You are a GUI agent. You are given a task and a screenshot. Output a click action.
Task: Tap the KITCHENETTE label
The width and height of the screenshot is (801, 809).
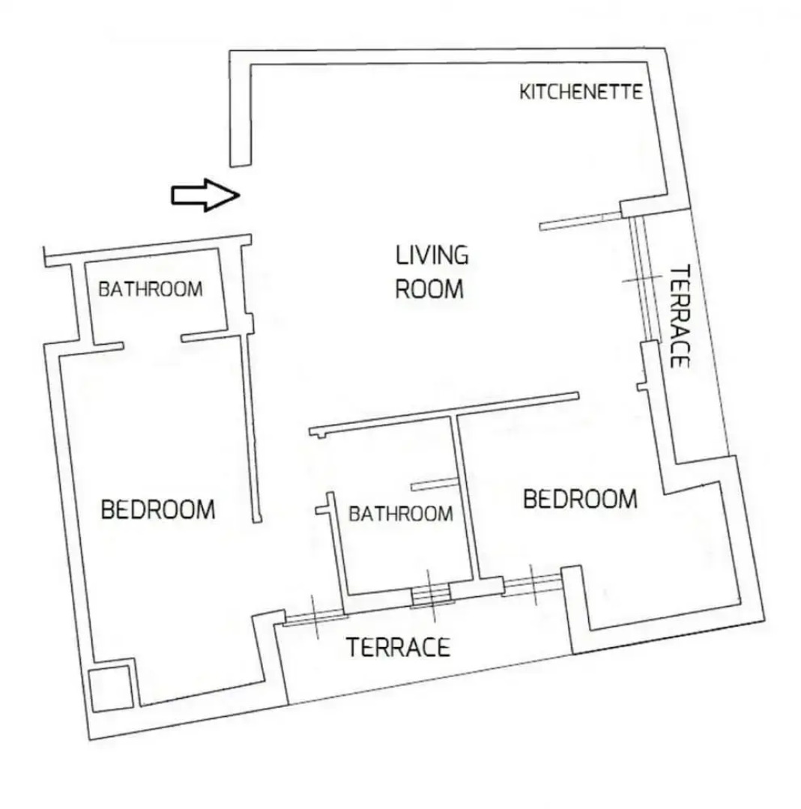[x=581, y=92]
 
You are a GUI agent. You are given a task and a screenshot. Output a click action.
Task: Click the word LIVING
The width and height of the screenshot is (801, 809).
[x=432, y=255]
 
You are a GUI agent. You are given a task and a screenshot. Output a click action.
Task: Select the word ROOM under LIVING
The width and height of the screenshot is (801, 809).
[x=429, y=289]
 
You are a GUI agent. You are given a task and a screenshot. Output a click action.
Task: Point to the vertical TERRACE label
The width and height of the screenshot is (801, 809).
[x=678, y=315]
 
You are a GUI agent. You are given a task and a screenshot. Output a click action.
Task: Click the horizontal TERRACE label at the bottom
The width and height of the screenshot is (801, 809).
[x=398, y=646]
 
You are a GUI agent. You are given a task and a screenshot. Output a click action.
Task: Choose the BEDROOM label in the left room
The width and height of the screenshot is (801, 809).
[x=157, y=510]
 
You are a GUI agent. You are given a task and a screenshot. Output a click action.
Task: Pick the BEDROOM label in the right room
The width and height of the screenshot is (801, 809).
[x=580, y=498]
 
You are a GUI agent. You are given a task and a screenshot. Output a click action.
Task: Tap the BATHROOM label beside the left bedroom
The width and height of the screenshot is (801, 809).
[x=151, y=289]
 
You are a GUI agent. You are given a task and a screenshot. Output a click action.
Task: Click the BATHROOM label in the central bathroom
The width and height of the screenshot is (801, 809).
[x=401, y=514]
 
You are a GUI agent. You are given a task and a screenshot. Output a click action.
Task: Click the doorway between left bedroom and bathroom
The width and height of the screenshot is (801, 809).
[x=152, y=342]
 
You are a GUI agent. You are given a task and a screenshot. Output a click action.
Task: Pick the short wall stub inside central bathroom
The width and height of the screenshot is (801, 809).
[x=434, y=485]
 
